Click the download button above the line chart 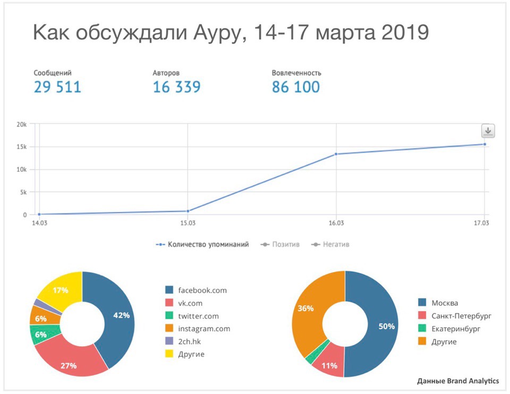(488, 131)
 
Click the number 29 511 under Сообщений (57, 87)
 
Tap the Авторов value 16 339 (176, 87)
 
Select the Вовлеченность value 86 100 (296, 87)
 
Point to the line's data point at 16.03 (336, 154)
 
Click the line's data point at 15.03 (188, 211)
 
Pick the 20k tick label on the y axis (21, 124)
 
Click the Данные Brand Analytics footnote (457, 381)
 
